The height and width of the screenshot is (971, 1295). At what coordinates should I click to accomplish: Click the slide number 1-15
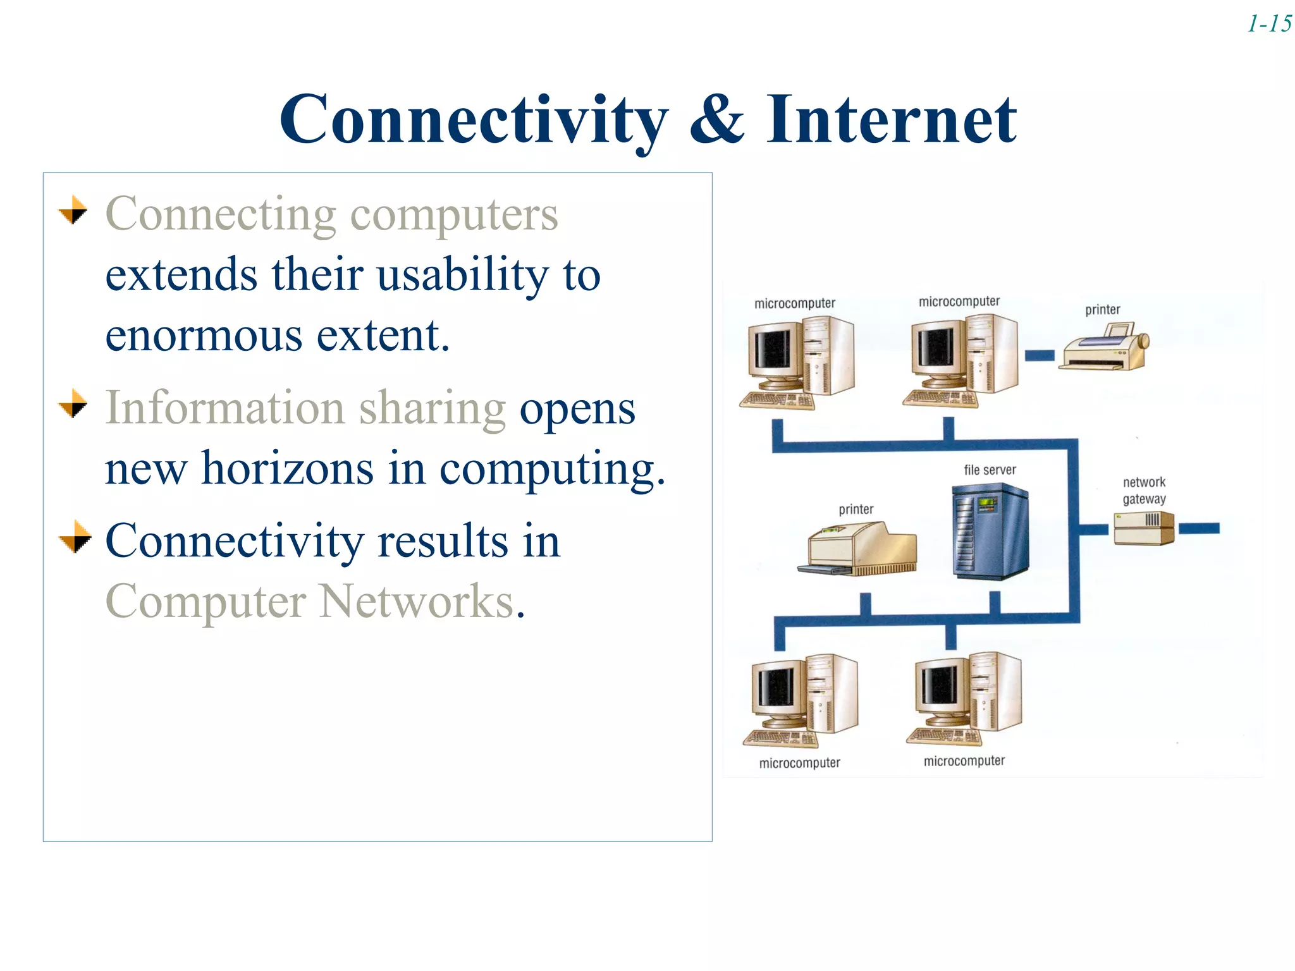tap(1269, 24)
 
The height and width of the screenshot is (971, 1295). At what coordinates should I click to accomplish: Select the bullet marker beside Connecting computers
tap(74, 210)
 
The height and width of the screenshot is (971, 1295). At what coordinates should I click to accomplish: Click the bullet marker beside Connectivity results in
tap(75, 537)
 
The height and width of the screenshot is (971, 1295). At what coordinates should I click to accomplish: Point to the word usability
tap(463, 276)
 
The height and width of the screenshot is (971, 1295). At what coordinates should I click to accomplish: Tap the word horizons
tap(287, 469)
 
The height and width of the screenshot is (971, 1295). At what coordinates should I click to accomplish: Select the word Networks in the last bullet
tap(417, 601)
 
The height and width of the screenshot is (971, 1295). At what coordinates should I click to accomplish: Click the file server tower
tap(990, 531)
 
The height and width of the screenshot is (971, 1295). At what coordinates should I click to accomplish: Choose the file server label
tap(990, 470)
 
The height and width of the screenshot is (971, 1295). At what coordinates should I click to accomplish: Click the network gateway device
tap(1143, 528)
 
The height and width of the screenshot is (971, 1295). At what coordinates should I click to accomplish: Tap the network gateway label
tap(1144, 491)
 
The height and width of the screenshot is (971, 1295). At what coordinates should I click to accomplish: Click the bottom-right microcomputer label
tap(964, 761)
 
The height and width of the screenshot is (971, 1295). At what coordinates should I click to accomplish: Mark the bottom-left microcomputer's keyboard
tap(780, 738)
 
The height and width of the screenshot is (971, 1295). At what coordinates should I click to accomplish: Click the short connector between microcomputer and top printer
tap(1039, 355)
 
